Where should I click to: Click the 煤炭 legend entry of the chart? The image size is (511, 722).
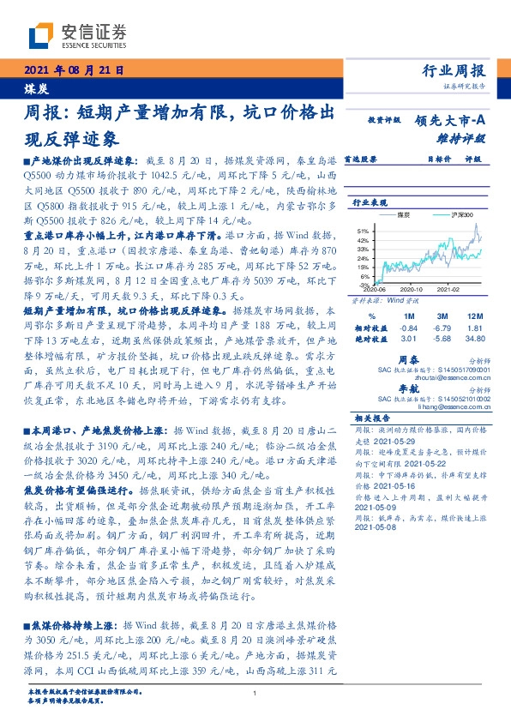(404, 214)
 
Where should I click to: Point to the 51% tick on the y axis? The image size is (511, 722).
(363, 231)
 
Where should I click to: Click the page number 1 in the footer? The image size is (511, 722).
(255, 693)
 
